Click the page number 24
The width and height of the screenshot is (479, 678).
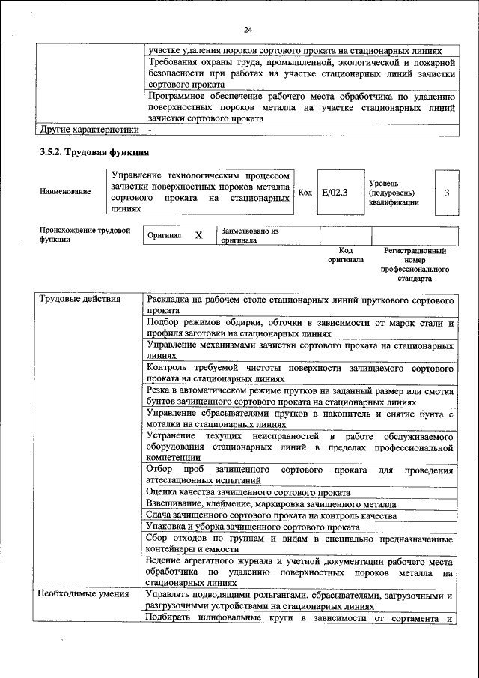click(248, 29)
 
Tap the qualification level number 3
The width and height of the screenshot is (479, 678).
click(446, 193)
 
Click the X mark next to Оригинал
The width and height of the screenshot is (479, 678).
click(198, 235)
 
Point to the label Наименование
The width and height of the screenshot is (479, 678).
click(66, 192)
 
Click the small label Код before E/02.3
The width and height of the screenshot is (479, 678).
click(305, 193)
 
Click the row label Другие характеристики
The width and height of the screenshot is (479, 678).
click(90, 128)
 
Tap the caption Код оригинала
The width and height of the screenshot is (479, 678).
click(345, 255)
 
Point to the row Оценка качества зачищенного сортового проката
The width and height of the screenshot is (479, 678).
click(248, 492)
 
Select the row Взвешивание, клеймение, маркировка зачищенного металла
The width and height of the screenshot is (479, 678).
click(271, 504)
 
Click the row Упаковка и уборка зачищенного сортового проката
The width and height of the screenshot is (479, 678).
click(254, 527)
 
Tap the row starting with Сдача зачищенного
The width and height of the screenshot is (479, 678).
click(271, 516)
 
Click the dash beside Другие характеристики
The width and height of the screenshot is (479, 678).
click(150, 129)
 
